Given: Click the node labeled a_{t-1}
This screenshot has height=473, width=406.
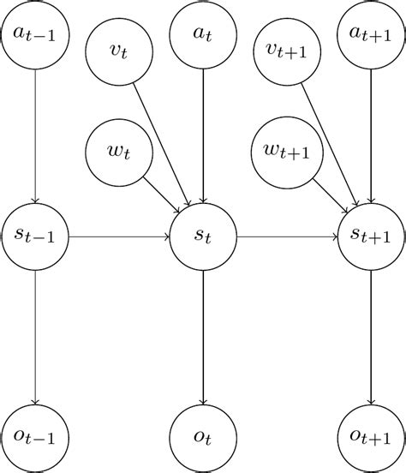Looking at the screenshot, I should (34, 34).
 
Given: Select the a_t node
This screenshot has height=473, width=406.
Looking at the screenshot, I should (203, 34).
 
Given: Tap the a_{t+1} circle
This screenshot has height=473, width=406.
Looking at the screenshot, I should (371, 34).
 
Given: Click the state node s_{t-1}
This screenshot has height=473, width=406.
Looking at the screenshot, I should (34, 236).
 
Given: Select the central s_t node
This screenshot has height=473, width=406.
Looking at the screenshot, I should (203, 236).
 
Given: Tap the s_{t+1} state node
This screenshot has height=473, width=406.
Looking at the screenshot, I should (371, 236).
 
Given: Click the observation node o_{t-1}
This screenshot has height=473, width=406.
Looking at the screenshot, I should (34, 438).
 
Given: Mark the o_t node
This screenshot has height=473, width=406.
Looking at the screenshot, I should (203, 438).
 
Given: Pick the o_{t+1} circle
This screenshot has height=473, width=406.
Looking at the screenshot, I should (371, 438).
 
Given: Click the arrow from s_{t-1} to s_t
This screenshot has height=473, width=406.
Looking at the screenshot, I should (118, 236).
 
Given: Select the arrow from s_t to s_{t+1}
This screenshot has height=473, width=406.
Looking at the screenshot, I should (287, 236).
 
